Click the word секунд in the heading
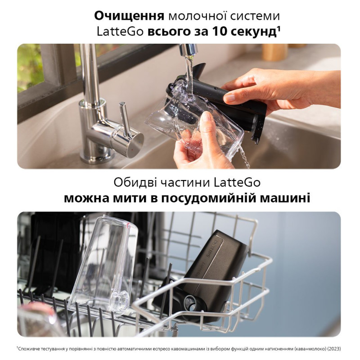pyautogui.click(x=250, y=32)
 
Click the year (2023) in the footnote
pyautogui.click(x=332, y=348)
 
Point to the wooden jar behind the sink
pyautogui.click(x=274, y=52)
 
